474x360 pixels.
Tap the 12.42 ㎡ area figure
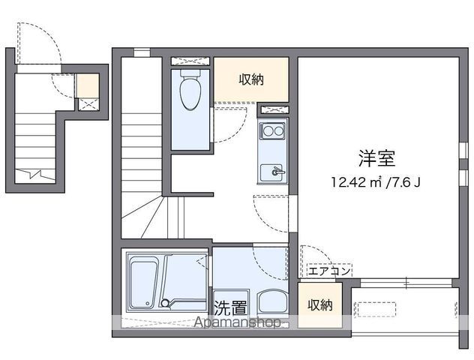pos(357,182)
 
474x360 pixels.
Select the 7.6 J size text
pos(403,182)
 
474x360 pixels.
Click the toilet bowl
pos(190,93)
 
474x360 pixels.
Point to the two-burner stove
pos(272,131)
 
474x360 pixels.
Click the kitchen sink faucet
pos(277,172)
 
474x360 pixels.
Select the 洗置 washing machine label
pos(231,307)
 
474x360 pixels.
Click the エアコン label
pos(329,271)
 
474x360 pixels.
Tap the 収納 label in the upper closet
pos(251,79)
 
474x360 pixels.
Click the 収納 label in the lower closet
pos(320,305)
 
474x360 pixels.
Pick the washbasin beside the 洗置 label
pos(272,303)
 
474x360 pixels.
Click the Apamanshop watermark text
pos(237,322)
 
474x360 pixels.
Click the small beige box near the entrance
pos(87,85)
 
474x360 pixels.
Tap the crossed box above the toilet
pos(190,61)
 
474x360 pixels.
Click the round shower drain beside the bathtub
pos(165,303)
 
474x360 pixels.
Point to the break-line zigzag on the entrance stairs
pos(35,175)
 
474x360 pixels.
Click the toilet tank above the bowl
pos(190,73)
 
